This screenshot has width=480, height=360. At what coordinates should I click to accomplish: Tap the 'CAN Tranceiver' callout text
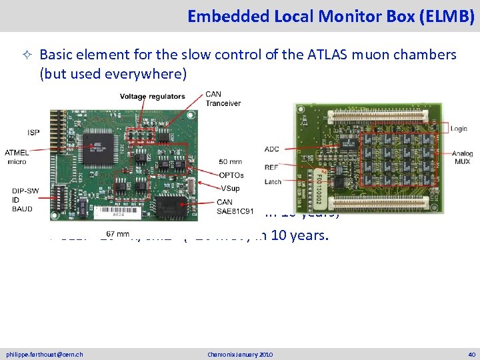(223, 99)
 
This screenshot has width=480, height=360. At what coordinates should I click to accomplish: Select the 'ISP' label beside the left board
(33, 132)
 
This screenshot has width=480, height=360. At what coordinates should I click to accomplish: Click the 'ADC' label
(271, 149)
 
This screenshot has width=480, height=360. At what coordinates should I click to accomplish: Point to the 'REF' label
(272, 167)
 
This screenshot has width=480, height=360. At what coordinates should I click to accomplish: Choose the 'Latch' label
(273, 181)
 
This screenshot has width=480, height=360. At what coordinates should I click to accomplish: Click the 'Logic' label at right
(459, 129)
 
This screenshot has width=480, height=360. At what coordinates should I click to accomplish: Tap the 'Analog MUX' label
(461, 157)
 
